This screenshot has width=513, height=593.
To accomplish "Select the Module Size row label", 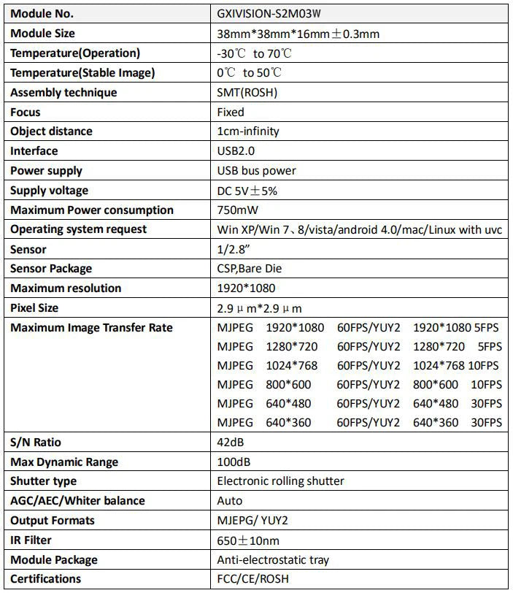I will (x=42, y=34).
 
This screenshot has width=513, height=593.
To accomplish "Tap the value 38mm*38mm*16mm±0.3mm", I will (x=298, y=34).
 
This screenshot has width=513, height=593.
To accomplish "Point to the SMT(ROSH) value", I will (x=247, y=93).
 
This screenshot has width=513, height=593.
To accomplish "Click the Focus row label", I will (x=26, y=112).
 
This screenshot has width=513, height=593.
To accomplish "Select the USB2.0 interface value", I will (x=238, y=151).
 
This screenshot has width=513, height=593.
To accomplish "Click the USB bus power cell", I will (x=256, y=171).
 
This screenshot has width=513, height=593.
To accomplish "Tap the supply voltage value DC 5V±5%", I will (x=247, y=191).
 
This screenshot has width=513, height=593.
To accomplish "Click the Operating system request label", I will (x=78, y=229).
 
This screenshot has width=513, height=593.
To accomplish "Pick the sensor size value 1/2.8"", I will (x=231, y=249).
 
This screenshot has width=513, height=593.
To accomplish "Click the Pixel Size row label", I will (x=45, y=308).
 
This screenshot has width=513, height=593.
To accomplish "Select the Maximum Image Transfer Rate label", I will (x=91, y=328).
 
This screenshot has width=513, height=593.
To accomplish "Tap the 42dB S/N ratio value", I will (x=231, y=442).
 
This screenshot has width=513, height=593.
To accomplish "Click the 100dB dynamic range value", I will (x=234, y=462).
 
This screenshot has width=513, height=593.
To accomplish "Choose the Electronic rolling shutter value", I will (x=280, y=481).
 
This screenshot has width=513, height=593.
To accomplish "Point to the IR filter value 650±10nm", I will (x=248, y=540).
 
